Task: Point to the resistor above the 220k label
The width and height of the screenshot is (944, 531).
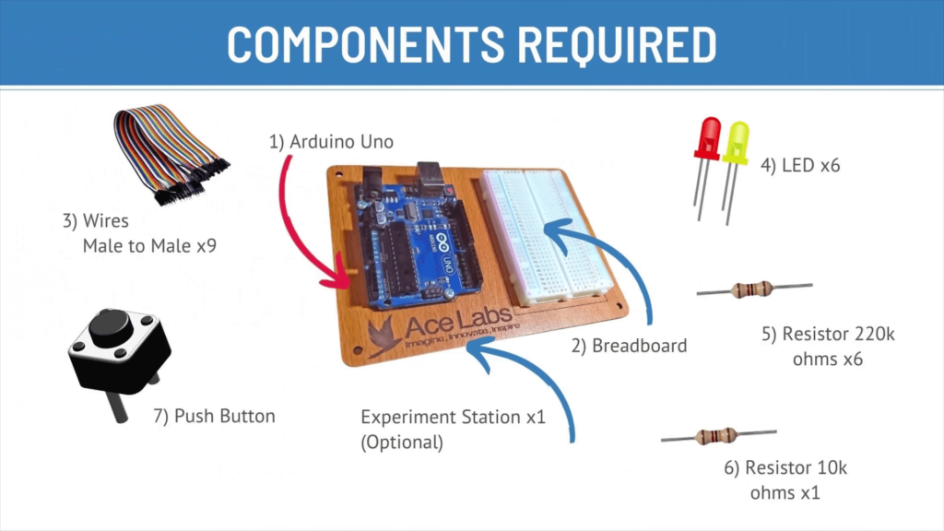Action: coord(752,289)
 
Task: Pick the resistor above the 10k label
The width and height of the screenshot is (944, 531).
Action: coord(717,436)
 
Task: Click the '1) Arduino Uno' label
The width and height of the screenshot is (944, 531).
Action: coord(331,142)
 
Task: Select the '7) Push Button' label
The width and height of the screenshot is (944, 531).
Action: coord(214,416)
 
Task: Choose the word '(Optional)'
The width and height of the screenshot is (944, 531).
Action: coord(402,442)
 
